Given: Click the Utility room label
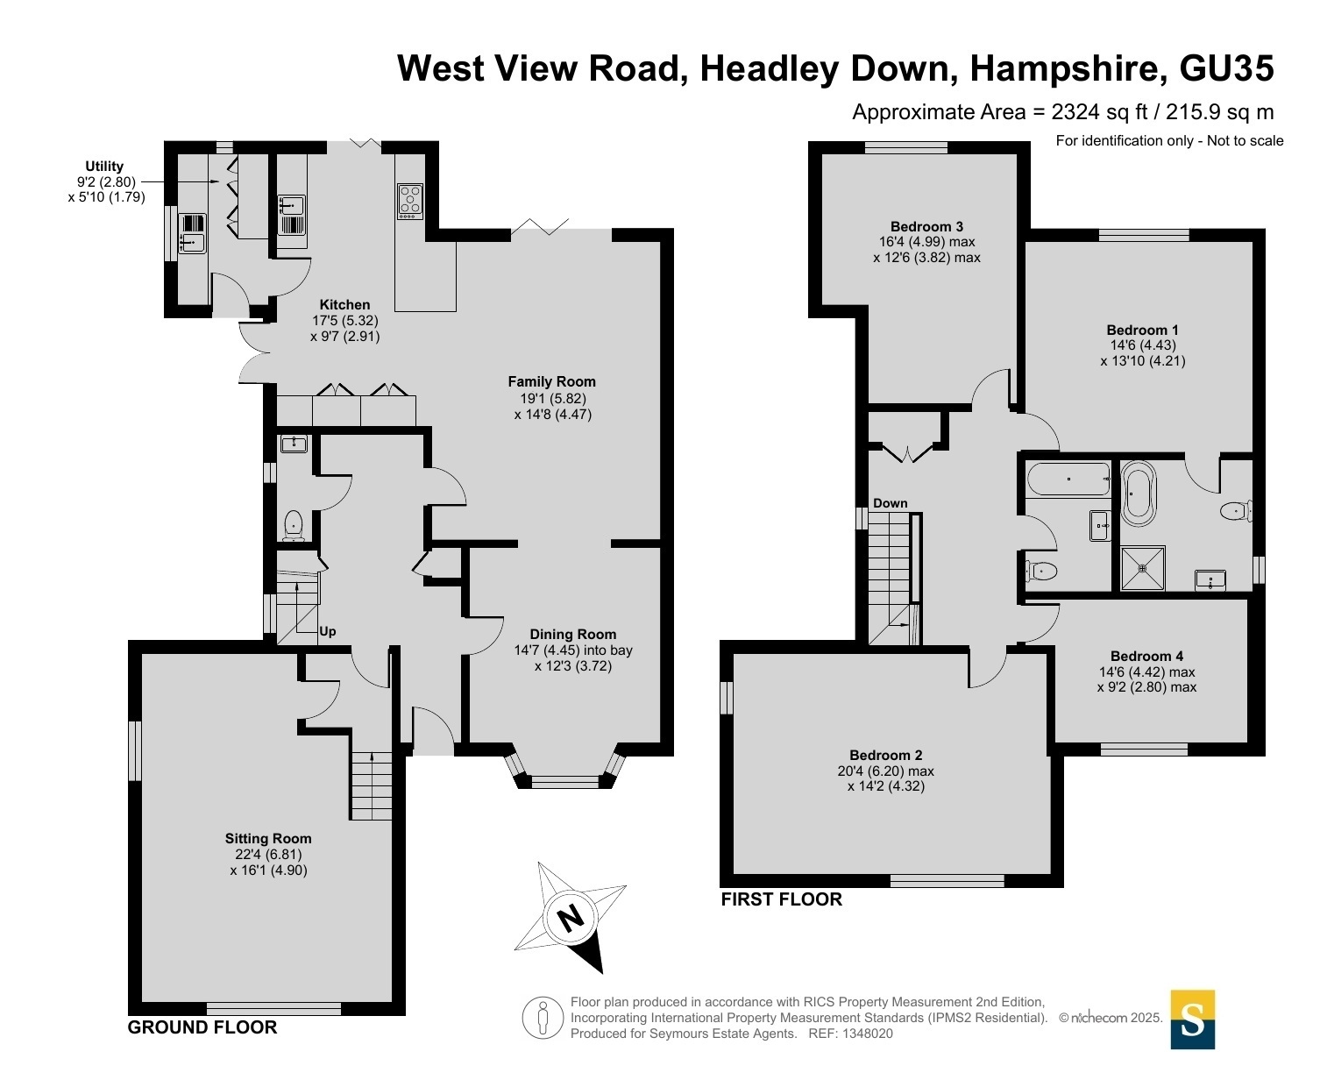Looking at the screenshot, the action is (104, 166).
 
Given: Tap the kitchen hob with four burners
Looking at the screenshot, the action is (410, 201).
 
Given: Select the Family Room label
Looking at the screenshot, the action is (551, 381).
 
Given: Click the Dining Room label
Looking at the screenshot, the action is (572, 635).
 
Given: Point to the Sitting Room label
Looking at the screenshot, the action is (268, 838).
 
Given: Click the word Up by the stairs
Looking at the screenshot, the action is (327, 632).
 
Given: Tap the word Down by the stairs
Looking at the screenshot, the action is (890, 503).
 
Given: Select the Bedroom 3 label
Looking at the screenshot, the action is (926, 227).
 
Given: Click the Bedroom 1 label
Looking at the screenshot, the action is (1142, 330).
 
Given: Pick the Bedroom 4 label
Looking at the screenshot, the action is (1146, 657).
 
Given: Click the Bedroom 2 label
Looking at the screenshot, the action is (885, 755).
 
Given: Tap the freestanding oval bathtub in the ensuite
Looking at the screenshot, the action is (1138, 494).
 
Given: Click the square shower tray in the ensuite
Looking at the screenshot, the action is (1143, 568).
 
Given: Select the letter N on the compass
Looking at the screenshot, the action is (571, 920).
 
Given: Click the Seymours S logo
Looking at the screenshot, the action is (1192, 1020).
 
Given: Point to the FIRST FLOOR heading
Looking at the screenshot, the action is (781, 899).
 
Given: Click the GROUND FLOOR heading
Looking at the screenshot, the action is (202, 1027).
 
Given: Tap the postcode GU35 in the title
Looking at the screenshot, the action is (1227, 68).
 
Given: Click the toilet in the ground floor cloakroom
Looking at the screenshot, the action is (293, 525).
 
